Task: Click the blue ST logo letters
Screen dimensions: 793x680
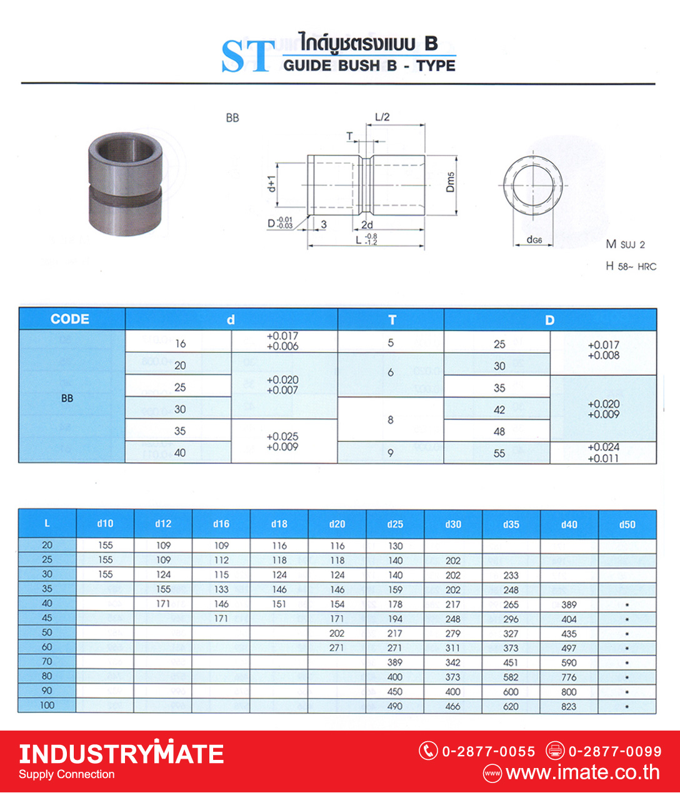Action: (x=248, y=56)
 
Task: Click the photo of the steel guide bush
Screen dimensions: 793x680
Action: (x=126, y=184)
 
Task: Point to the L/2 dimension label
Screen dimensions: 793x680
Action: (x=382, y=117)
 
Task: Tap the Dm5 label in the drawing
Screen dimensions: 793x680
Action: (x=451, y=182)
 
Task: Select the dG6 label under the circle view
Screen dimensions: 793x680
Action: (x=534, y=239)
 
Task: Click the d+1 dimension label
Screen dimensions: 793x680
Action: (x=271, y=183)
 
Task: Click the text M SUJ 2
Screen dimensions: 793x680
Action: (x=625, y=244)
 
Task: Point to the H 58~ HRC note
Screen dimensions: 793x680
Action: (x=631, y=266)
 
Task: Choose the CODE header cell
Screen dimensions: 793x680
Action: (x=70, y=319)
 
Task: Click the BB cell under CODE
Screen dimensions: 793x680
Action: (x=67, y=398)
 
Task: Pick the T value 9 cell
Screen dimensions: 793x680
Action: (x=391, y=453)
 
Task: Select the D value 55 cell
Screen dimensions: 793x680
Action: (x=499, y=453)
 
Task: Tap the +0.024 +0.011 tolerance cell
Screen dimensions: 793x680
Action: (x=603, y=453)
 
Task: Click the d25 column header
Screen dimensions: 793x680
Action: (x=395, y=525)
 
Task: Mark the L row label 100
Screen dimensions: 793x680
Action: (x=47, y=706)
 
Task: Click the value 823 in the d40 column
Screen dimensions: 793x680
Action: (x=569, y=706)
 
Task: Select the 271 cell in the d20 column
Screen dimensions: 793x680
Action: (x=337, y=648)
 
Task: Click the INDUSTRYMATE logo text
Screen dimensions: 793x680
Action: (x=121, y=754)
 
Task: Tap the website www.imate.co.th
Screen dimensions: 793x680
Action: (x=582, y=772)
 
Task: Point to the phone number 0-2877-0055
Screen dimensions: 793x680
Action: (x=488, y=751)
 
